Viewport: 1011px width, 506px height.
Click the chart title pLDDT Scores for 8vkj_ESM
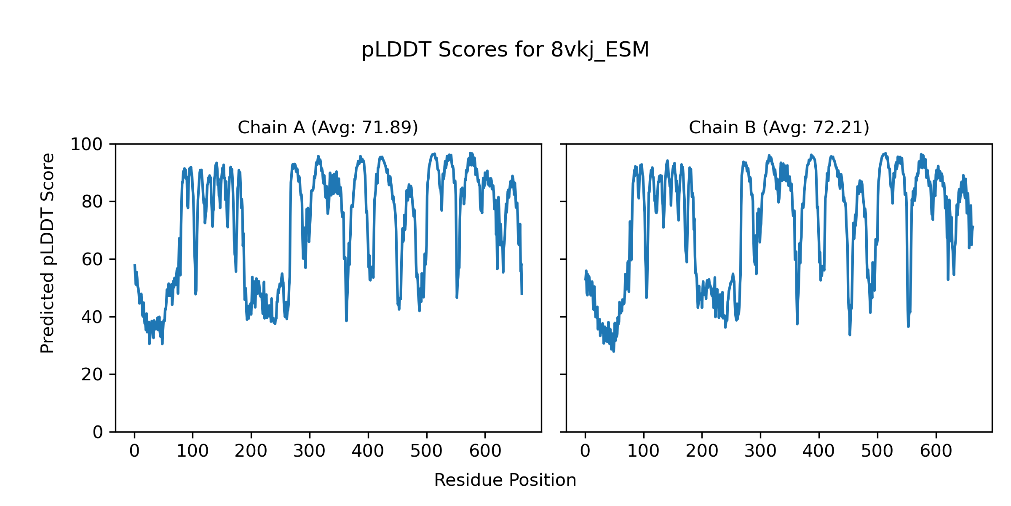tap(505, 50)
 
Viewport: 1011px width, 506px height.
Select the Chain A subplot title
tap(328, 127)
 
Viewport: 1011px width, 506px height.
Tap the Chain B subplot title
tap(779, 127)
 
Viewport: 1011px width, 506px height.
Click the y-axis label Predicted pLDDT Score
tap(48, 253)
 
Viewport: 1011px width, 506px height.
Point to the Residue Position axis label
tap(505, 480)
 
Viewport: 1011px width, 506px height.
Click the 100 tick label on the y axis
tap(86, 145)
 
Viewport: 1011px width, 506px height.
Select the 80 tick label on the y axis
tap(92, 202)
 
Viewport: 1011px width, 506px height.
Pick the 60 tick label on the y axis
tap(92, 259)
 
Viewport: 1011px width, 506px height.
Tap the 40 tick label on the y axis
tap(92, 317)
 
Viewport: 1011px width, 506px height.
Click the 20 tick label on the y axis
tap(92, 374)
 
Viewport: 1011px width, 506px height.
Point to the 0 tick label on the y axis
tap(98, 432)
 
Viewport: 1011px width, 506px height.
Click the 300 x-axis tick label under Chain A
tap(310, 452)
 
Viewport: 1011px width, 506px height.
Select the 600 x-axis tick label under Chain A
tap(485, 452)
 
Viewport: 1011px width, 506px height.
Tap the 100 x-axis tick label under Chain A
tap(193, 452)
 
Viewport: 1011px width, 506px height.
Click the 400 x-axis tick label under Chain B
tap(818, 452)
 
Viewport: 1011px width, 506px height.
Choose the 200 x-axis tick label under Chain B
tap(702, 452)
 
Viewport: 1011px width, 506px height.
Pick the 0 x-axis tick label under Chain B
tap(585, 452)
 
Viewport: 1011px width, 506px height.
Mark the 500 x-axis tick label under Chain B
tap(877, 452)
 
